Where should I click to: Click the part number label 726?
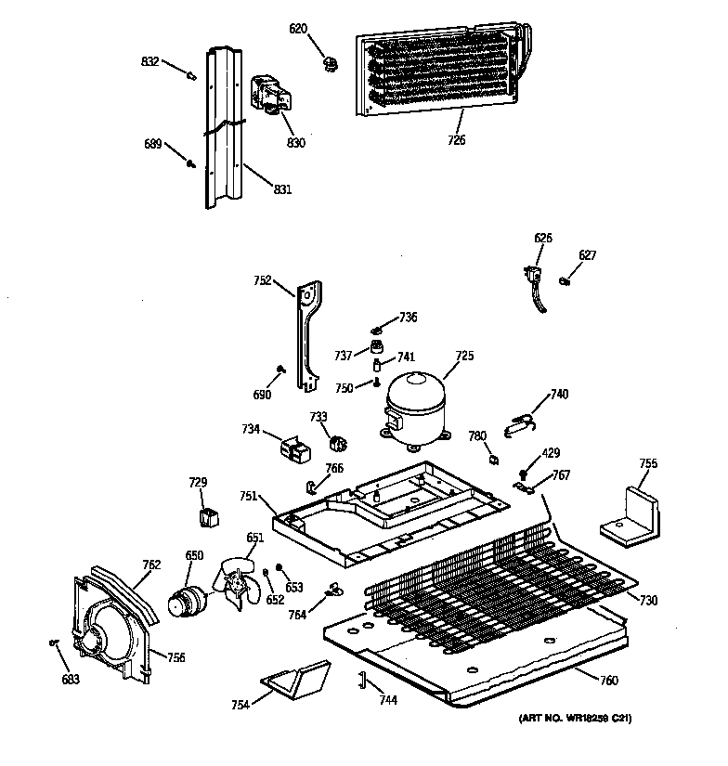pyautogui.click(x=456, y=140)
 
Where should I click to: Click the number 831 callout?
pyautogui.click(x=282, y=189)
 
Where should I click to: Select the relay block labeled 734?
pyautogui.click(x=293, y=450)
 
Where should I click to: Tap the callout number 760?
pyautogui.click(x=608, y=682)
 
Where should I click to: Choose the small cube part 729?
pyautogui.click(x=209, y=514)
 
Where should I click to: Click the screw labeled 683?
pyautogui.click(x=55, y=643)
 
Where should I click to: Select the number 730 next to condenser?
pyautogui.click(x=647, y=601)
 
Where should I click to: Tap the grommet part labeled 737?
pyautogui.click(x=378, y=347)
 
